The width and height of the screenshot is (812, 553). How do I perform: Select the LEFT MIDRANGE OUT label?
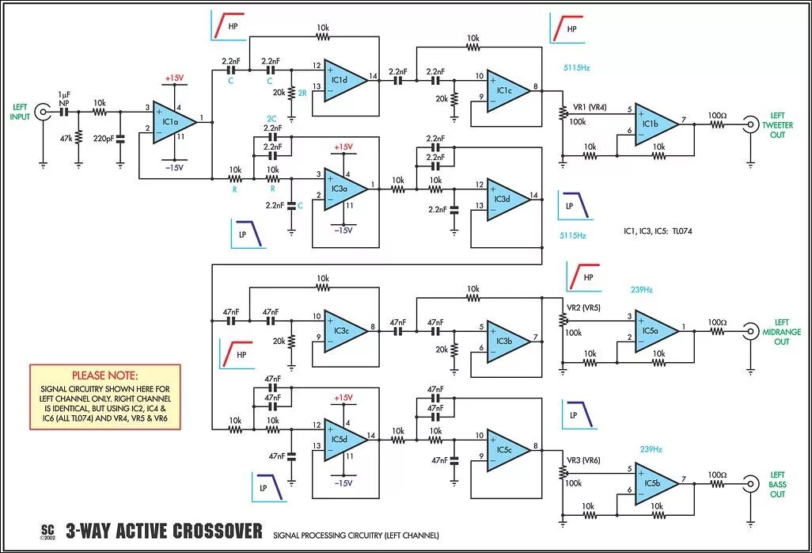780,332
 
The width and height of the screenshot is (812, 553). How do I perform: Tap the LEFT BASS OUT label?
779,484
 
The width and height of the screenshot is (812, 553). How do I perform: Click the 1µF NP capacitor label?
63,99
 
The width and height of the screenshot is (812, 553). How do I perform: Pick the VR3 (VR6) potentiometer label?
582,460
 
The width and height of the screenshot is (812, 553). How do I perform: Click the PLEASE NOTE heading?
104,375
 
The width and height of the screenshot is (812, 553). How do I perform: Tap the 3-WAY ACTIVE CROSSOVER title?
164,530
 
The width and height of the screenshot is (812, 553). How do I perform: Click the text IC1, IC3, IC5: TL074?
658,231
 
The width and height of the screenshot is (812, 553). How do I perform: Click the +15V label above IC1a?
174,78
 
